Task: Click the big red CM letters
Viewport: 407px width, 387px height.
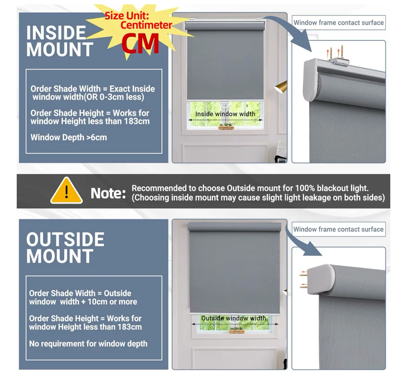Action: (x=140, y=43)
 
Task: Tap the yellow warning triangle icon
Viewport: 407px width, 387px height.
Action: (x=67, y=191)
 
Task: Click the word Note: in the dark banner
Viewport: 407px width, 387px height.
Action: (x=108, y=193)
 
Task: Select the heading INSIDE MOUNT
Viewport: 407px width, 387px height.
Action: (x=60, y=41)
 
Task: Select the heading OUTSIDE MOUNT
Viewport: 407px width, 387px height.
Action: (x=65, y=247)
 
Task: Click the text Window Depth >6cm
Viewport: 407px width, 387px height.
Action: (x=69, y=137)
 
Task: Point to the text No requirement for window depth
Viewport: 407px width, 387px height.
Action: (x=88, y=344)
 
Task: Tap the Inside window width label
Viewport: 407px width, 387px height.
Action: (x=225, y=114)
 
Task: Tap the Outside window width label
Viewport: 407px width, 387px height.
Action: (x=234, y=318)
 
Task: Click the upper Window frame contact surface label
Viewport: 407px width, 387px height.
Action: (x=339, y=23)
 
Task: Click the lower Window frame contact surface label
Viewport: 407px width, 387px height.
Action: (x=339, y=229)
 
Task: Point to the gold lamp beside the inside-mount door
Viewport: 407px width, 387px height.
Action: (x=281, y=87)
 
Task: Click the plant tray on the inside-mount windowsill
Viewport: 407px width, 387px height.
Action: (x=226, y=127)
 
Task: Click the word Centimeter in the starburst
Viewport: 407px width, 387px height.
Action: (x=146, y=25)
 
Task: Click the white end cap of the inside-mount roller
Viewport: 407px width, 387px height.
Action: (x=310, y=80)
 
